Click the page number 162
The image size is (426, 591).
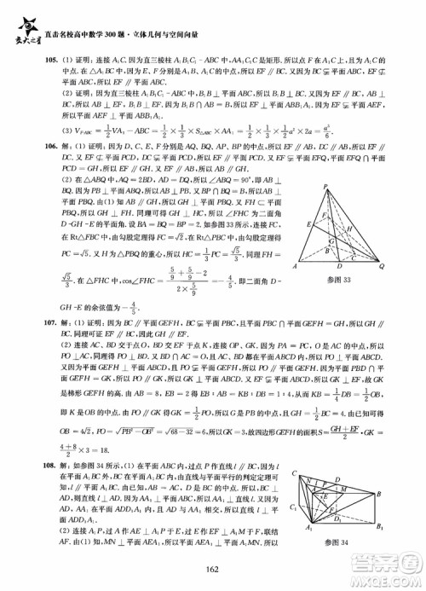(212, 571)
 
